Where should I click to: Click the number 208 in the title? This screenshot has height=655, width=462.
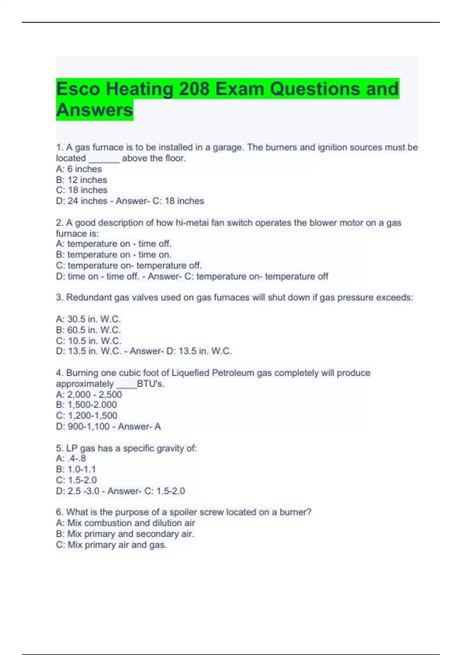pyautogui.click(x=194, y=89)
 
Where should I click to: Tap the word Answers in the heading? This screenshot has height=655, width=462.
pyautogui.click(x=95, y=110)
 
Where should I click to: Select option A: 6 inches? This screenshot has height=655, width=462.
pyautogui.click(x=79, y=169)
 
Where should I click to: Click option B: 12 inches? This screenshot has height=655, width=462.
pyautogui.click(x=82, y=180)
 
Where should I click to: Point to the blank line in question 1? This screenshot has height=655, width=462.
pyautogui.click(x=104, y=159)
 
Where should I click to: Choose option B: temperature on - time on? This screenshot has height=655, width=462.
pyautogui.click(x=114, y=255)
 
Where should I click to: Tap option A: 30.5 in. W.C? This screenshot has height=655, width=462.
pyautogui.click(x=89, y=319)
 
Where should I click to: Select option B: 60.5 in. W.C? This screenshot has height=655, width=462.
pyautogui.click(x=89, y=330)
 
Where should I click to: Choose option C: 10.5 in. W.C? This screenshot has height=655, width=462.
pyautogui.click(x=89, y=341)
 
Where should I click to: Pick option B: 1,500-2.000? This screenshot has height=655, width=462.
pyautogui.click(x=87, y=405)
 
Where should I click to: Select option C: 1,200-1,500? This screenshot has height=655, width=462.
pyautogui.click(x=87, y=415)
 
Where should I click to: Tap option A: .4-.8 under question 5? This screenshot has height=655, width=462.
pyautogui.click(x=71, y=458)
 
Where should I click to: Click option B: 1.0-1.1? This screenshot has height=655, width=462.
pyautogui.click(x=76, y=469)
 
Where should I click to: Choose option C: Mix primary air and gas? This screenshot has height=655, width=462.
pyautogui.click(x=111, y=545)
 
